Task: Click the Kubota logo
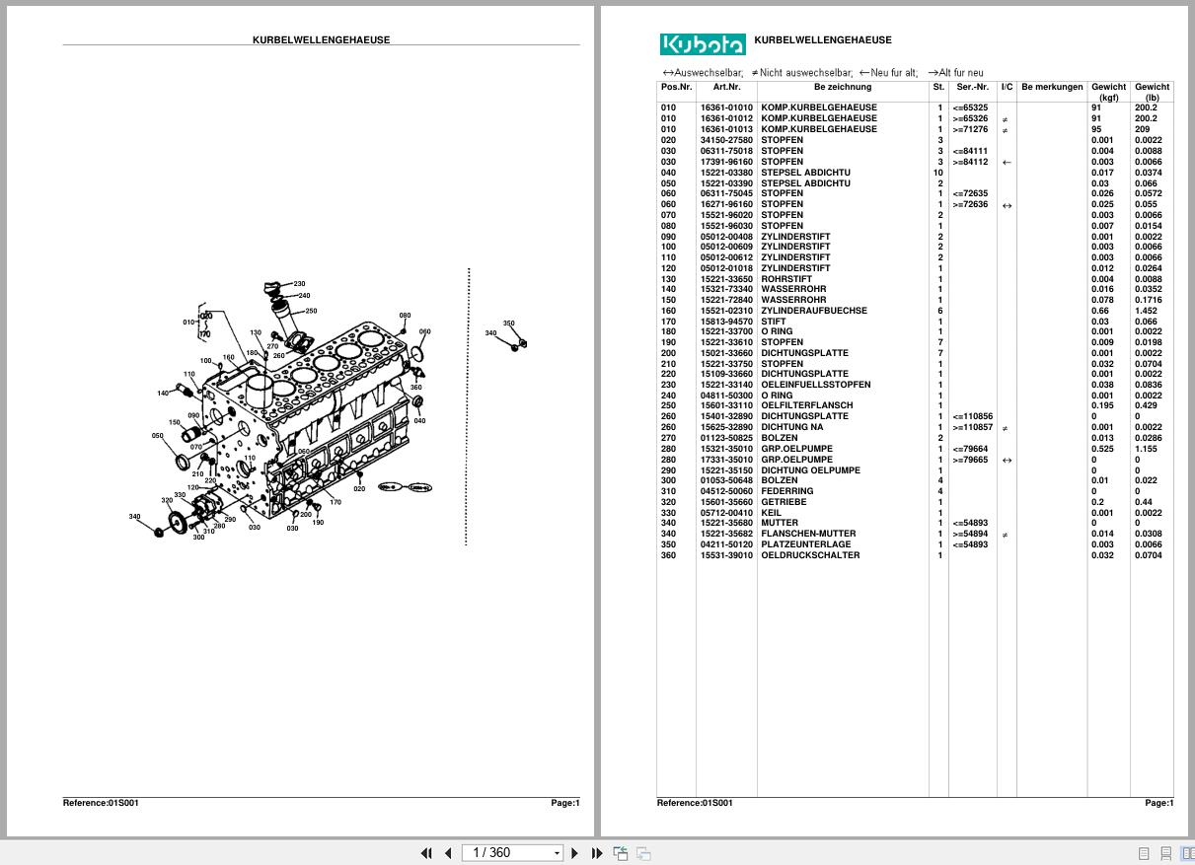click(702, 44)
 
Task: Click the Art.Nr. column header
click(726, 88)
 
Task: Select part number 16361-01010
click(726, 108)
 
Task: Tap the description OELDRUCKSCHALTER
click(809, 555)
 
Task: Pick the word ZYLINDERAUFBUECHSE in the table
click(813, 311)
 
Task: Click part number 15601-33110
click(726, 405)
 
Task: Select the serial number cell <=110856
click(972, 416)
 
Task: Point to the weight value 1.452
click(1146, 311)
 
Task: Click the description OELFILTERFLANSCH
click(806, 405)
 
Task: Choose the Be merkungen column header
click(1052, 88)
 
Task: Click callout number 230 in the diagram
click(299, 284)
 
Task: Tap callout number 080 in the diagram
click(405, 317)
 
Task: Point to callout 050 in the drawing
click(157, 436)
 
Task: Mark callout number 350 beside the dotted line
click(508, 324)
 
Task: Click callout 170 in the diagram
click(336, 502)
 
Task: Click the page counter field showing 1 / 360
click(514, 853)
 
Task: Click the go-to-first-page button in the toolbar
click(426, 853)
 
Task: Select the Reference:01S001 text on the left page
click(101, 803)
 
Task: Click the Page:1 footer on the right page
click(1158, 803)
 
